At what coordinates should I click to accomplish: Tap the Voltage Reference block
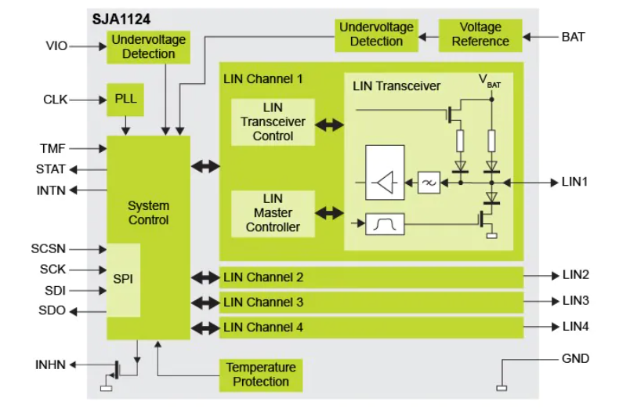480,35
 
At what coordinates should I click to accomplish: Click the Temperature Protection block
261,375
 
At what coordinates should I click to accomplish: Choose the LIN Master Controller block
273,213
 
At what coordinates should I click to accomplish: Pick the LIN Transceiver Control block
273,122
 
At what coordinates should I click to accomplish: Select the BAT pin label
573,36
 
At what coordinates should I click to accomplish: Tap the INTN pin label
51,190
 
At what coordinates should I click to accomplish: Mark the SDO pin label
52,310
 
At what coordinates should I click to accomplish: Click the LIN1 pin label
575,182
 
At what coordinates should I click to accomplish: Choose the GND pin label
575,359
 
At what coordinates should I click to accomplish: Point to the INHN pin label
51,364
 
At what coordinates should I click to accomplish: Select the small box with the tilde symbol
429,183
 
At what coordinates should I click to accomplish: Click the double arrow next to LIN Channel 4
205,327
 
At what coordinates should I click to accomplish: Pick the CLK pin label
55,100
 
